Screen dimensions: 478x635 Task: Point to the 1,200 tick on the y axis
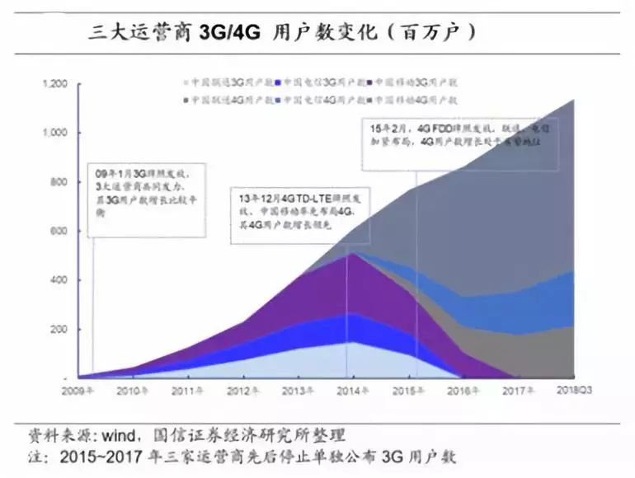[54, 84]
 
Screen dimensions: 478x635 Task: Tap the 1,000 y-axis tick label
[54, 133]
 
